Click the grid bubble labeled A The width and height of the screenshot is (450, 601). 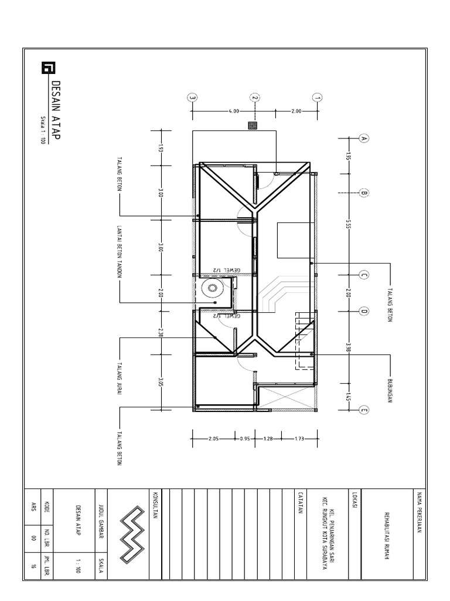(363, 139)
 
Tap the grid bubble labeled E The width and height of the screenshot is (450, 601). (363, 411)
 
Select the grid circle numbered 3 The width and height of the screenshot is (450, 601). (192, 98)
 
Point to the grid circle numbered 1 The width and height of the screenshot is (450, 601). (317, 98)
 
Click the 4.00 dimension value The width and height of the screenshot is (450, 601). (234, 111)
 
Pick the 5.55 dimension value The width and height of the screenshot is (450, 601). (348, 225)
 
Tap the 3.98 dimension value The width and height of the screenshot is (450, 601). (348, 347)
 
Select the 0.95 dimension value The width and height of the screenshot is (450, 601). (244, 438)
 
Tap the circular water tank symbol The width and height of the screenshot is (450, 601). (212, 288)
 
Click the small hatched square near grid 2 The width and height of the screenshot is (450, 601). (253, 125)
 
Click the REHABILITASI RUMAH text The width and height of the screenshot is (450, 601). (387, 537)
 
